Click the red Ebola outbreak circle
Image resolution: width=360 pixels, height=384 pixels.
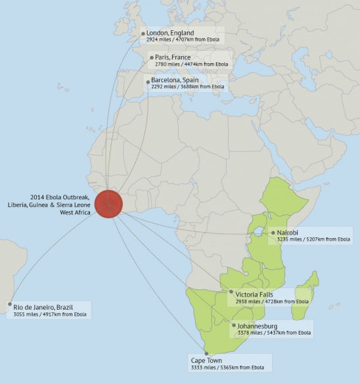click(108, 203)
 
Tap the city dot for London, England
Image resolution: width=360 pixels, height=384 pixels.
click(143, 34)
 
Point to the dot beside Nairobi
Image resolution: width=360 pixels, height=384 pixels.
click(273, 233)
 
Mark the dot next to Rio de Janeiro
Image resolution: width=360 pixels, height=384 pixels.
click(9, 304)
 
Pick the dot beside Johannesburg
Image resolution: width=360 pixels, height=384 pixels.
click(233, 325)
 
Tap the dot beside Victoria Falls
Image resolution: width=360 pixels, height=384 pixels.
click(231, 291)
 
